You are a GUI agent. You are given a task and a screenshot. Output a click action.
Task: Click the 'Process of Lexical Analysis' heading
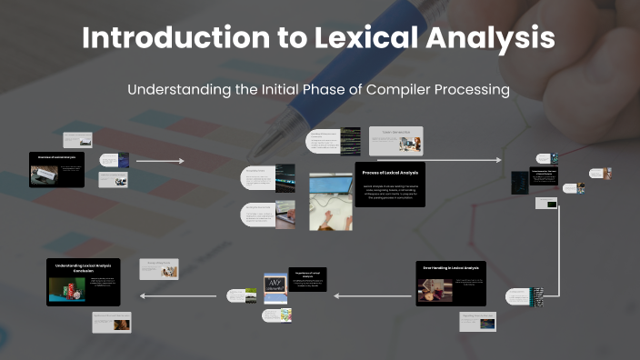[x=389, y=171]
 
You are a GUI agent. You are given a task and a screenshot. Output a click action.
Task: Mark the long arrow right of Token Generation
[x=464, y=160]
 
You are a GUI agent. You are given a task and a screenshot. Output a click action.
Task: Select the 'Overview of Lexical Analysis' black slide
[x=56, y=169]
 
